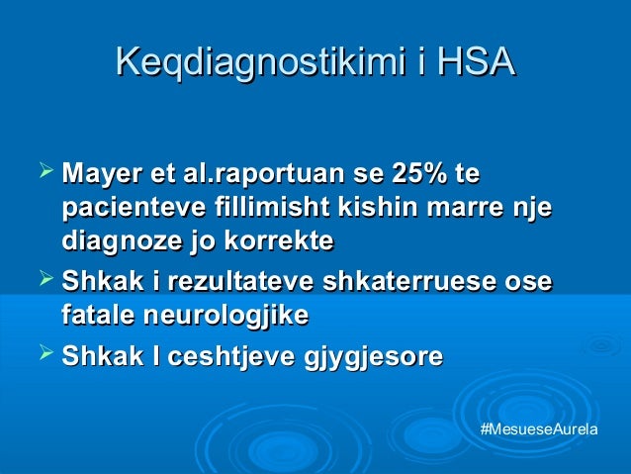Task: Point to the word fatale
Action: pos(96,316)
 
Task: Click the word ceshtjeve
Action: pos(226,356)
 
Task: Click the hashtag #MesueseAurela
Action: pos(537,433)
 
